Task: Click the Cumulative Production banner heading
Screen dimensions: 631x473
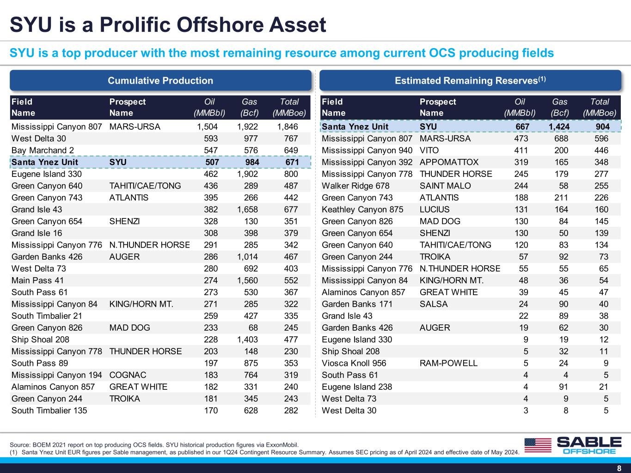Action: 160,81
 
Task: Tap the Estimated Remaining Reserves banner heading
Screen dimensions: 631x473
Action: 470,80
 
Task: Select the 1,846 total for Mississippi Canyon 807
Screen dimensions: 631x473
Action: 288,127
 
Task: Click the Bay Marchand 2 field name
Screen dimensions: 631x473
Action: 43,150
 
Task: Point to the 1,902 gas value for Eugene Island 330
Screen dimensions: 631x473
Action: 247,174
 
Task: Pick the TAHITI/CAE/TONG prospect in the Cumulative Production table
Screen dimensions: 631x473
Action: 145,186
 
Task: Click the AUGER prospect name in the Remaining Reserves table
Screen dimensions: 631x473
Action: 435,327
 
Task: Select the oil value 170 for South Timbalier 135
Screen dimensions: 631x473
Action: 211,410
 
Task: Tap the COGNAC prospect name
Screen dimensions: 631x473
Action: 128,375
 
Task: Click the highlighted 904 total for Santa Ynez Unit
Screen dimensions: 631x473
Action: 602,127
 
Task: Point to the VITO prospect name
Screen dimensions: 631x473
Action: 429,150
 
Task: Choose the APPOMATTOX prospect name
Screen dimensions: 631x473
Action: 449,162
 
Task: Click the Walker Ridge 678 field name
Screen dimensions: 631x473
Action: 355,186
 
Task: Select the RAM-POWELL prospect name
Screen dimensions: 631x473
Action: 448,363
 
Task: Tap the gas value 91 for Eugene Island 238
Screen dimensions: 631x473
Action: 564,387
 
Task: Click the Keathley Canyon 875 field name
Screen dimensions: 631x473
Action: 362,209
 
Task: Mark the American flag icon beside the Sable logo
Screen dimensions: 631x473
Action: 538,445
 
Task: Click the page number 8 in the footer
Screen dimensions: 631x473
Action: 619,468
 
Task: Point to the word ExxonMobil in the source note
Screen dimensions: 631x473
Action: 282,445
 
